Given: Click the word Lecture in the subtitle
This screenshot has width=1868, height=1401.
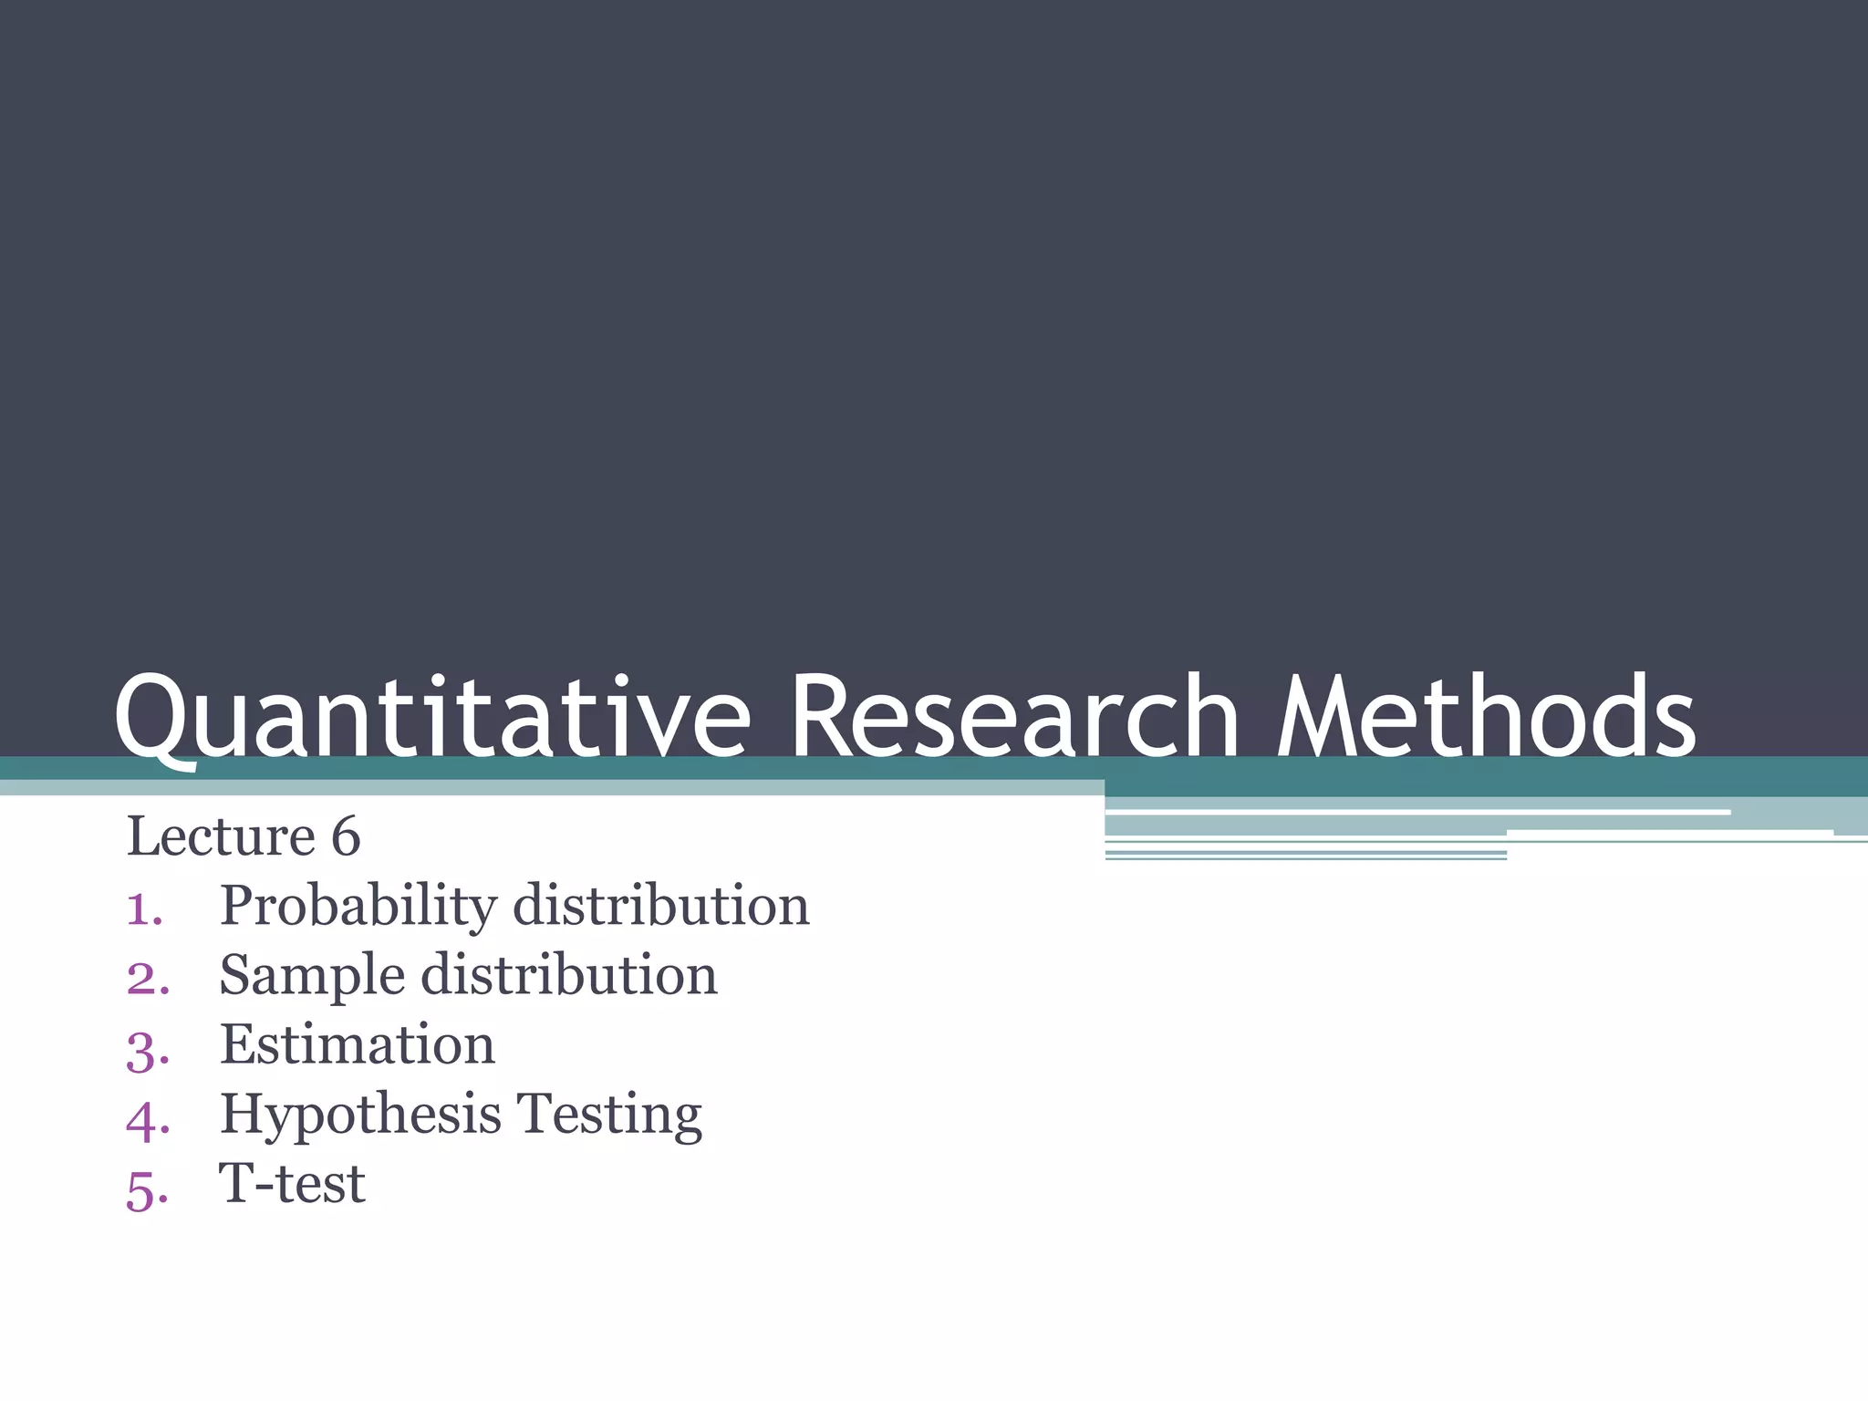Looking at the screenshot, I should coord(221,836).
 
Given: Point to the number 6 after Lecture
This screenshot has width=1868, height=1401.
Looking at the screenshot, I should coord(346,837).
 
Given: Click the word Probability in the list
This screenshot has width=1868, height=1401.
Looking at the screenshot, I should coord(358,908).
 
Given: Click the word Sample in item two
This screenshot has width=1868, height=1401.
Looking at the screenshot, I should coord(312,977).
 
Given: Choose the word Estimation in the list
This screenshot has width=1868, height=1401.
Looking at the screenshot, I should coord(358,1045).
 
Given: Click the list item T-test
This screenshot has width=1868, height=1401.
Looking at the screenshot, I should coord(292,1184).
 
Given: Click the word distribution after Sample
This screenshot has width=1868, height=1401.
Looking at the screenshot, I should coord(569,975).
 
